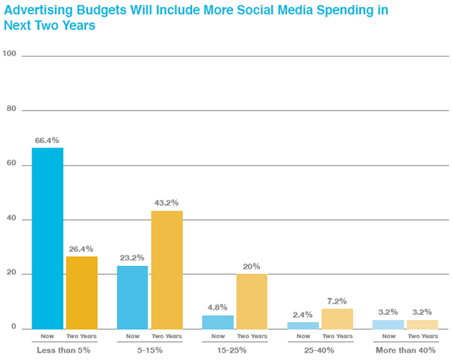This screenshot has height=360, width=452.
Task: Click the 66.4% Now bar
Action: [47, 238]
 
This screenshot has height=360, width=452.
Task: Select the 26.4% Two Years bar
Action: [81, 292]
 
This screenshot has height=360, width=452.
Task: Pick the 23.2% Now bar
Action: [133, 297]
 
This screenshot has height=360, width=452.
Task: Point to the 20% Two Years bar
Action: [252, 301]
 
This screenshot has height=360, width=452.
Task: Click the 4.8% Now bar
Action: [218, 322]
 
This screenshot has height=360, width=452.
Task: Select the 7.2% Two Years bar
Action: [337, 319]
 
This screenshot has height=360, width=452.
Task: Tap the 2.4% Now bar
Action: [303, 325]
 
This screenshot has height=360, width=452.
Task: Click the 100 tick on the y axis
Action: [10, 53]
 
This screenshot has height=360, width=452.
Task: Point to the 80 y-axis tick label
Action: [11, 108]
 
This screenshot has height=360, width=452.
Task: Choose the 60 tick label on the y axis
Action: [11, 163]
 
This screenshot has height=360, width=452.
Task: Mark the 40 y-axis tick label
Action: [11, 218]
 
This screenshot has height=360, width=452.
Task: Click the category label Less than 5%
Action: [64, 350]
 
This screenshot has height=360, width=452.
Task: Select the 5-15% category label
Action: [150, 350]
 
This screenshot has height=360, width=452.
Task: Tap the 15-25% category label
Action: [235, 350]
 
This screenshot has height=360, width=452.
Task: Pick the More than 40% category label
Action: [405, 350]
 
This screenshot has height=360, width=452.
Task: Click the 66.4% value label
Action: [47, 140]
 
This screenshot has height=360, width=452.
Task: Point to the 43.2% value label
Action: [166, 203]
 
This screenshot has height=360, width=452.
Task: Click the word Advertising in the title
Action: [33, 11]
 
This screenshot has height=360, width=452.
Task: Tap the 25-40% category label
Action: [320, 350]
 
